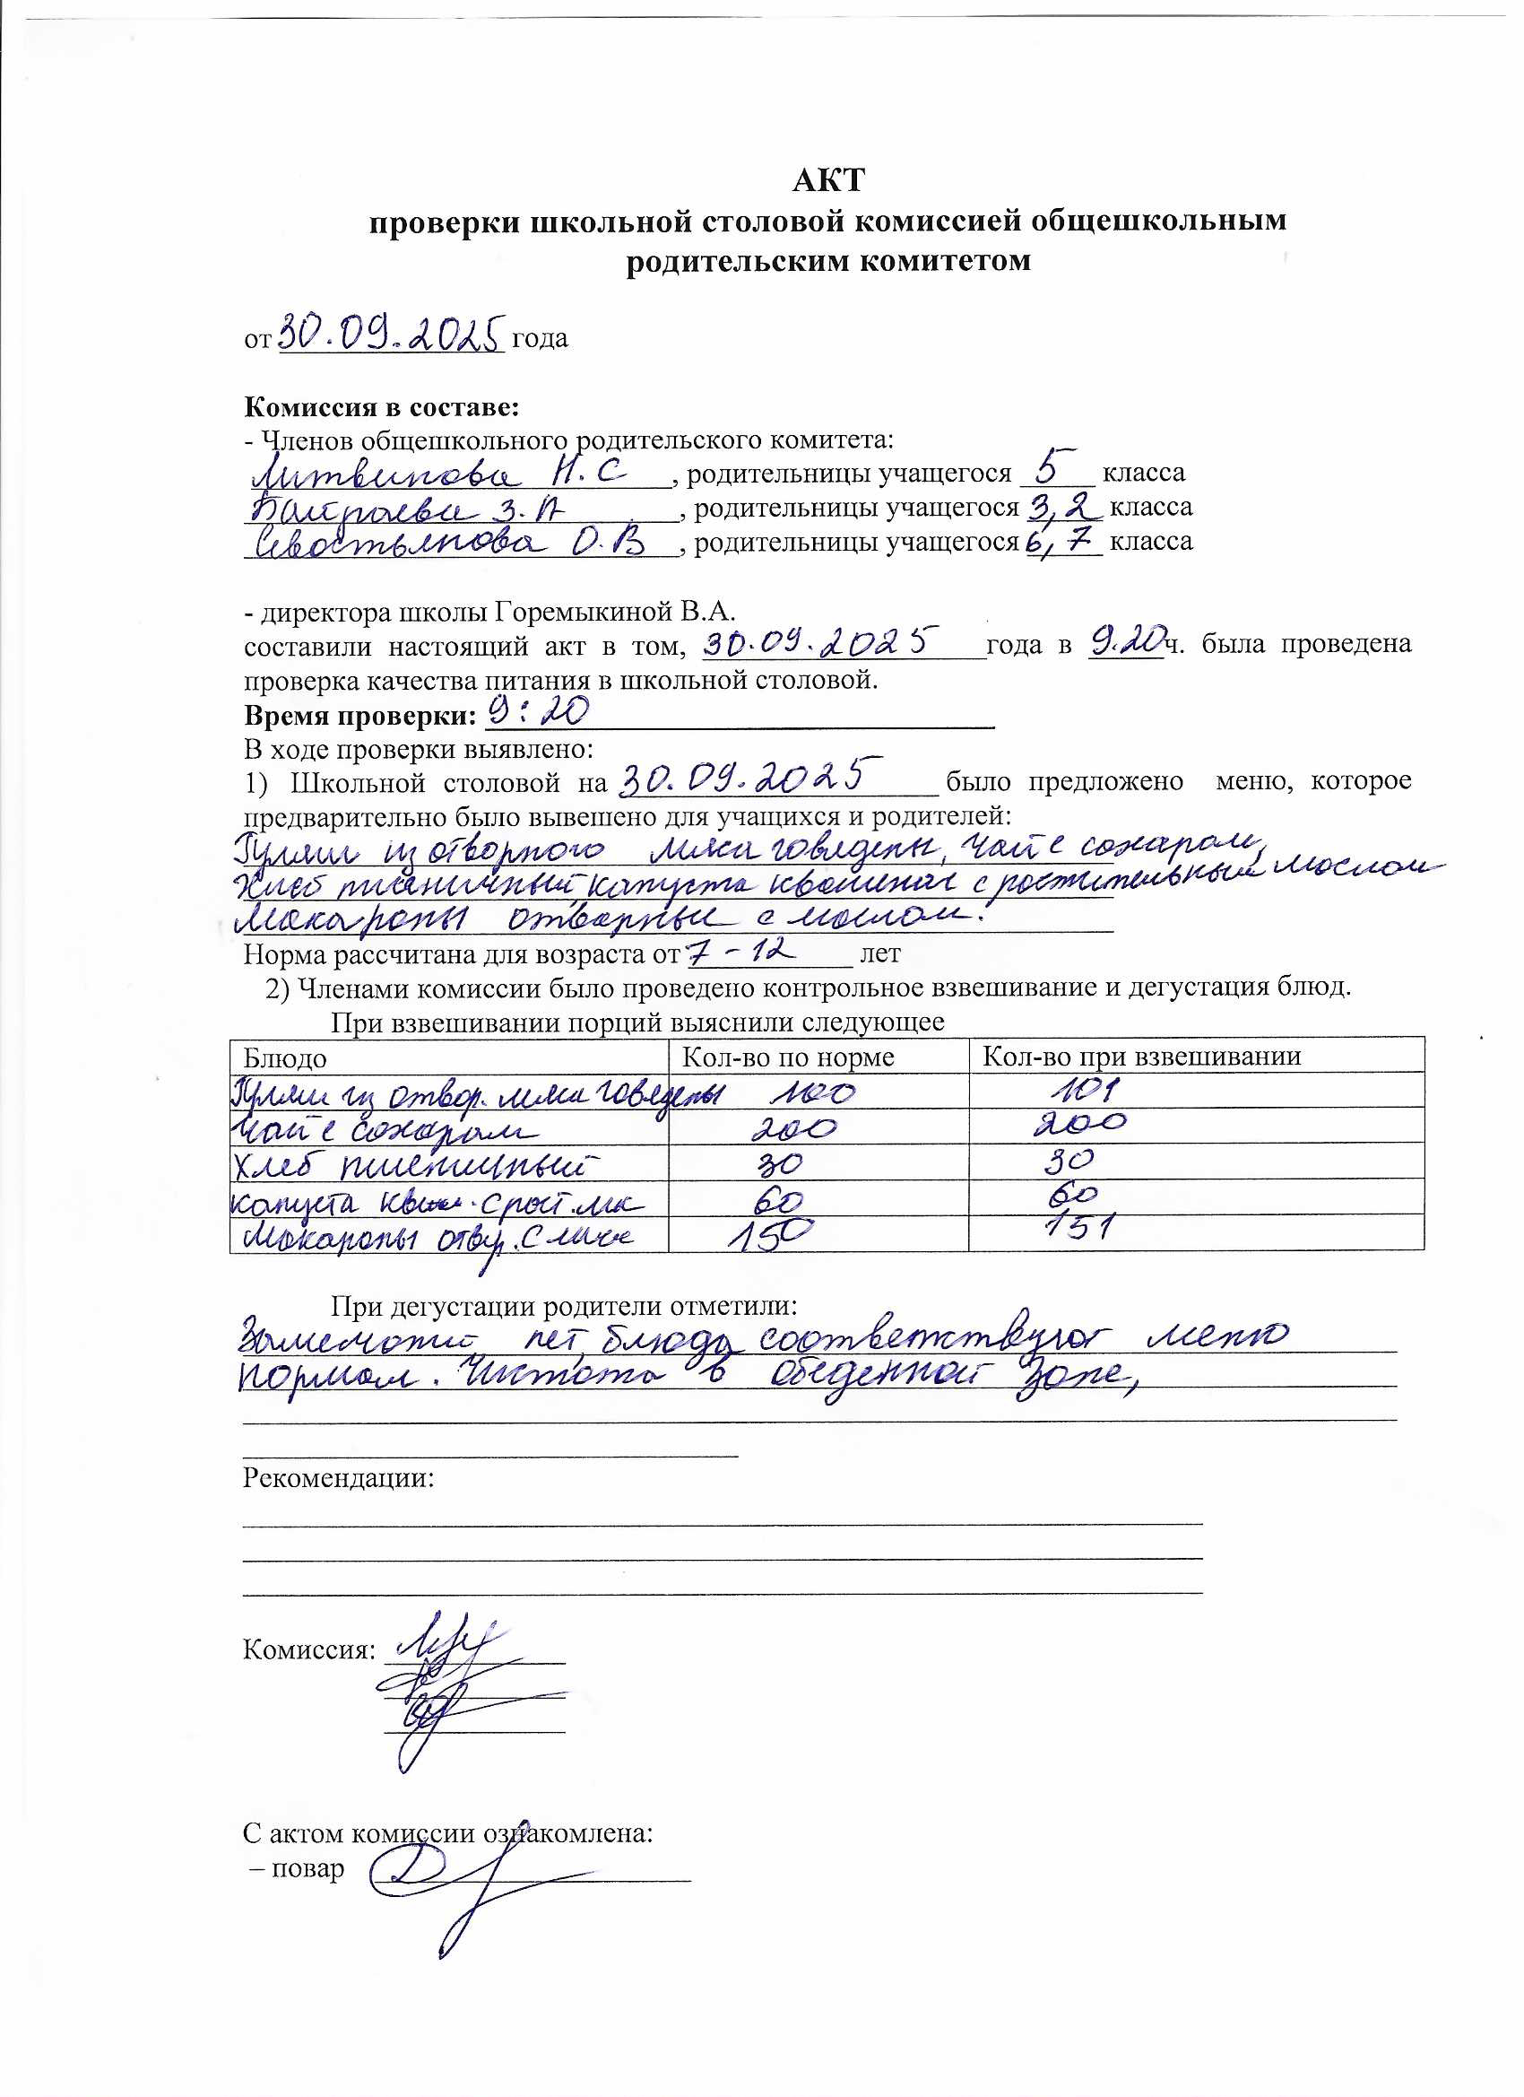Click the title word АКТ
(x=827, y=179)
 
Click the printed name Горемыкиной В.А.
(x=615, y=612)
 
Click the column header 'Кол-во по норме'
(x=787, y=1057)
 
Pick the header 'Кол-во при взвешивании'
(x=1141, y=1057)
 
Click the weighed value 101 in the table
(x=1083, y=1091)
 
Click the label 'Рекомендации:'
(x=338, y=1477)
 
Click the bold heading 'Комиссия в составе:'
(x=382, y=407)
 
